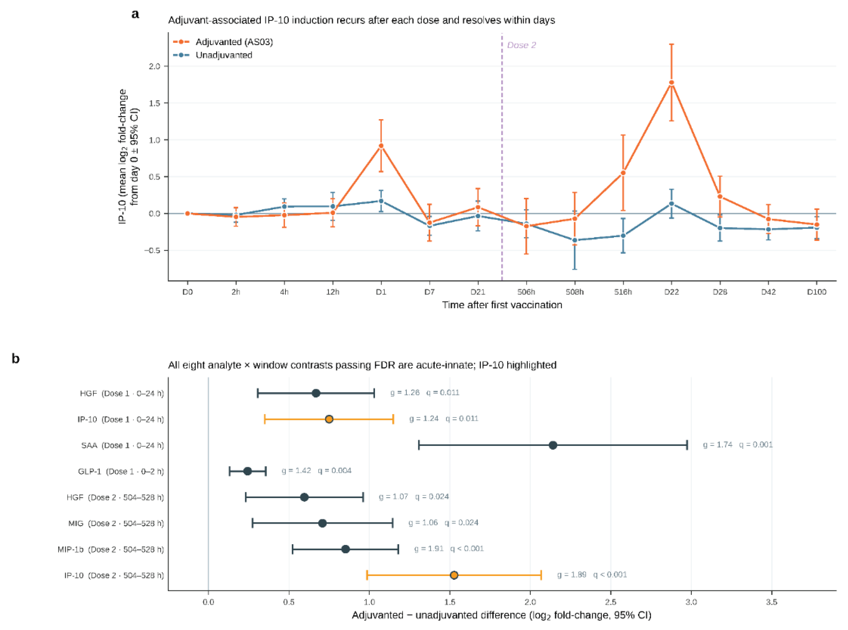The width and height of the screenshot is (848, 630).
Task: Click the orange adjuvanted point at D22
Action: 671,82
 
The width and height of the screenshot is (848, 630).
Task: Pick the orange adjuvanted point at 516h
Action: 623,173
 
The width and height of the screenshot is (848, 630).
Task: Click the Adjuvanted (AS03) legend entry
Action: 223,42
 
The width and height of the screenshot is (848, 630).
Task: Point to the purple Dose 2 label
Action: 521,45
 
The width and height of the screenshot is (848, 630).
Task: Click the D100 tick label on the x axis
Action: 817,292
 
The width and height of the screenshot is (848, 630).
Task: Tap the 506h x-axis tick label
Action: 526,292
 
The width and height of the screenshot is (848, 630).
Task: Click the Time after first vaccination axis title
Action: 502,305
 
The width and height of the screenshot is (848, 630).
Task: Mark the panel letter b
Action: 16,359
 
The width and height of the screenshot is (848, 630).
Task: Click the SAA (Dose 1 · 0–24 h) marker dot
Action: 553,445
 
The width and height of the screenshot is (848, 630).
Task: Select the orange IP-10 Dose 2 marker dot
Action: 454,575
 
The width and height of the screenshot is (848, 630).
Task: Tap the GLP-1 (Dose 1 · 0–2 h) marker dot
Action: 248,471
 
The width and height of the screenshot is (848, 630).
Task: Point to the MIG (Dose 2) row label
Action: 116,523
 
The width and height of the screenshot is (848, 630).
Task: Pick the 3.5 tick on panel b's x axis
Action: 772,602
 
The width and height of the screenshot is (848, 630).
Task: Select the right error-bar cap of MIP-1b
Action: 398,549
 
